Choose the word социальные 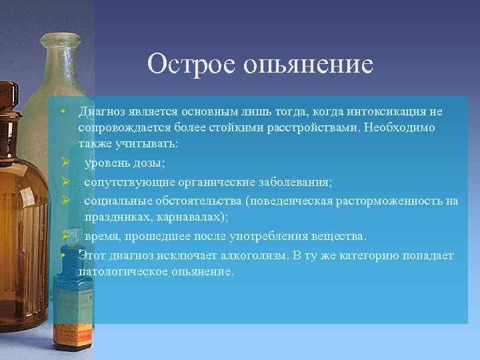pyautogui.click(x=118, y=200)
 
